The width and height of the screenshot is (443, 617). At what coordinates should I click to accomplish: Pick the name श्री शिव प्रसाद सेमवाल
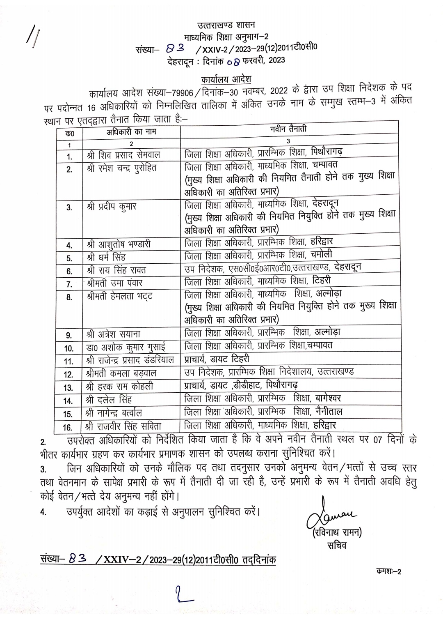point(123,155)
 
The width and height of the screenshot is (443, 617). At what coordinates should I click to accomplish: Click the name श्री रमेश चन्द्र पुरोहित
point(122,168)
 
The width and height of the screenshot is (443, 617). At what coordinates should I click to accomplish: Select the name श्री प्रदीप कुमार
point(111,207)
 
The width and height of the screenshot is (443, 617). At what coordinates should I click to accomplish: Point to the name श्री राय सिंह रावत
point(116,270)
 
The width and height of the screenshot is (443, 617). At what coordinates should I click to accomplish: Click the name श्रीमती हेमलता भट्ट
point(120,296)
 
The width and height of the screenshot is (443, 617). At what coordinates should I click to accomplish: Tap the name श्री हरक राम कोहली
point(120,387)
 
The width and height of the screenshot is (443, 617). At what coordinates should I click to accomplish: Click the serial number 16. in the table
point(68,427)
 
